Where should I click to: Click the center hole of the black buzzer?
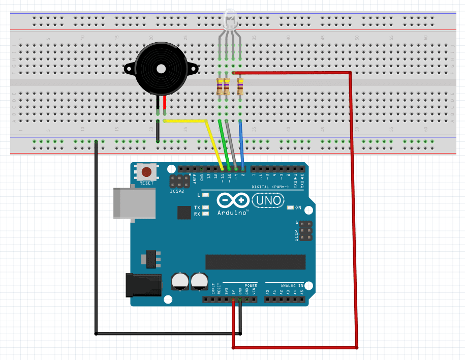point(161,68)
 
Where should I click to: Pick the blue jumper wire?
point(242,145)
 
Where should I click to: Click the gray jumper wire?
point(232,145)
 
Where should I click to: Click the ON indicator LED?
point(291,207)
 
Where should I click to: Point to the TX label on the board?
point(197,207)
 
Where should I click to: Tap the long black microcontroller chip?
point(255,261)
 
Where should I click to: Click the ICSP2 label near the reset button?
point(175,192)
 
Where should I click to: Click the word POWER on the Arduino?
point(251,286)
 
